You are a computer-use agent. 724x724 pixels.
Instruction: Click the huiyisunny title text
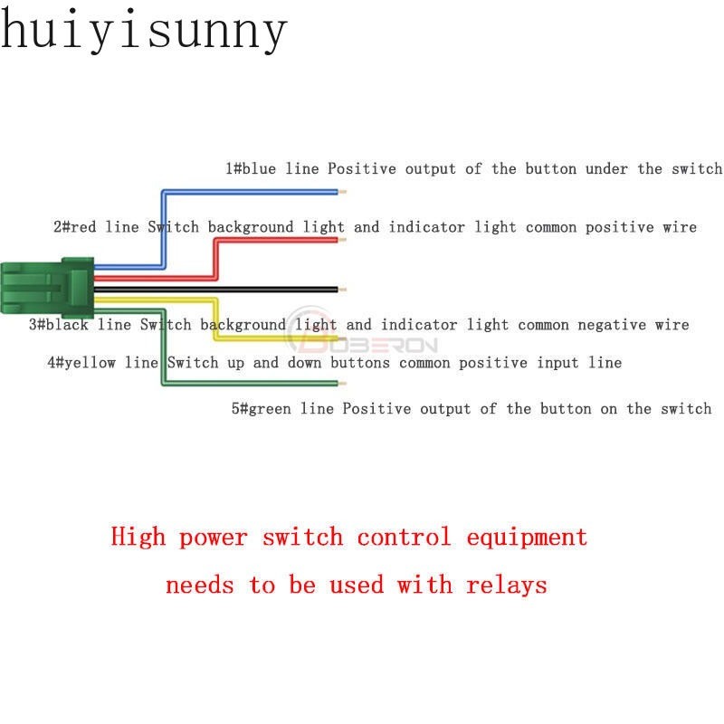(143, 30)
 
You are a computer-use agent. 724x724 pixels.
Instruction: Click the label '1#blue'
(252, 169)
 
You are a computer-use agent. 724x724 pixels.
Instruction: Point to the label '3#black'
(59, 324)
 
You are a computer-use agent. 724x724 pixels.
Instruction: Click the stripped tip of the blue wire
(341, 192)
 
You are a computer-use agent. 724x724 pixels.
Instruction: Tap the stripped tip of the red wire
(341, 240)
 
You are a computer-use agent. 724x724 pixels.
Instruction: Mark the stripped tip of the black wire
(341, 290)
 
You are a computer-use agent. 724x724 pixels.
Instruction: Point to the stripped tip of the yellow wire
(341, 338)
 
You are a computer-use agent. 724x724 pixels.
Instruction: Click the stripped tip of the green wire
(341, 385)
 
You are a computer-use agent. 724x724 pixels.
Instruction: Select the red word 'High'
(138, 538)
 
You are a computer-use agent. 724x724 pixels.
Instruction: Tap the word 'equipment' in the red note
(527, 538)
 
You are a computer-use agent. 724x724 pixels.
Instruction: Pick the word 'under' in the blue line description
(608, 169)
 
